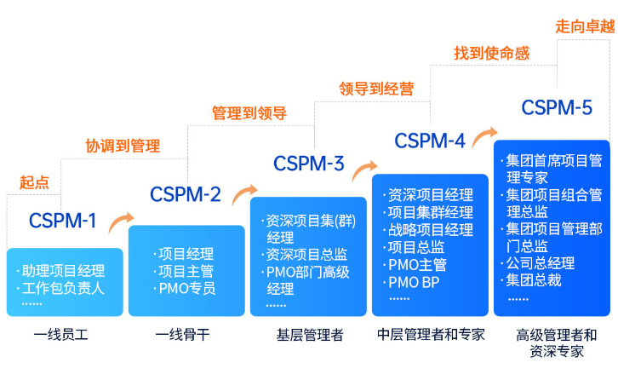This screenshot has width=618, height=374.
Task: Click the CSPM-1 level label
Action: (x=63, y=222)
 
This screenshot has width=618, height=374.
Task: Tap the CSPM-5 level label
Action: (x=557, y=107)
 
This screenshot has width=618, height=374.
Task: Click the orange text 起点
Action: (x=34, y=181)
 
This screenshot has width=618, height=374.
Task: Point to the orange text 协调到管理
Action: (x=123, y=146)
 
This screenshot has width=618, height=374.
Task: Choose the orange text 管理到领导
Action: (x=249, y=112)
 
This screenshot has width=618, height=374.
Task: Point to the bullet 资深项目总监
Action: (x=306, y=254)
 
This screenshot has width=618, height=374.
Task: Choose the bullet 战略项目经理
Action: (x=430, y=230)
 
